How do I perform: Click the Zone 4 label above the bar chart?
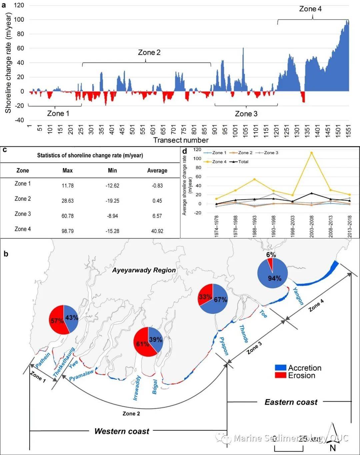(310, 9)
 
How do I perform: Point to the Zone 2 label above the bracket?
(149, 52)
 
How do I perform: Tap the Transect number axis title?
(181, 140)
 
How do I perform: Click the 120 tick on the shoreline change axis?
(19, 5)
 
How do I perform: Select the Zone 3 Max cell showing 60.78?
(67, 216)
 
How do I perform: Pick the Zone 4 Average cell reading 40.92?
(157, 231)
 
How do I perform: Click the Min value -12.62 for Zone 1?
(112, 185)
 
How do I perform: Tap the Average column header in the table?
(157, 170)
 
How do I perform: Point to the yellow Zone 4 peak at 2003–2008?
(311, 153)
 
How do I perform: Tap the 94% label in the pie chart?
(275, 278)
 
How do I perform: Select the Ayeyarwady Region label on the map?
(144, 270)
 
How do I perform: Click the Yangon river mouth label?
(298, 296)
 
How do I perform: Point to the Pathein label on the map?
(43, 360)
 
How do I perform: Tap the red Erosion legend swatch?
(280, 376)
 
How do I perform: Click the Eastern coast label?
(291, 402)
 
